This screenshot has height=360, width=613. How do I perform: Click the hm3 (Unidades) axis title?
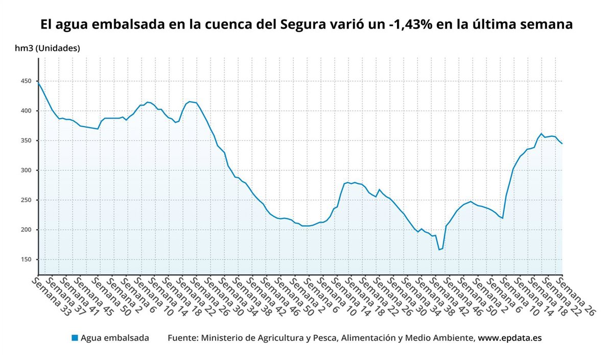pos(47,49)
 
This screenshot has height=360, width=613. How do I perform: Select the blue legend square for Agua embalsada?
pos(75,338)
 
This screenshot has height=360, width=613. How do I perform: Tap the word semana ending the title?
pos(548,25)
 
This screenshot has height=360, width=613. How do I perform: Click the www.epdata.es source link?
pos(509,338)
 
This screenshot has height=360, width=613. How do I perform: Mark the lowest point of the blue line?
pos(439,250)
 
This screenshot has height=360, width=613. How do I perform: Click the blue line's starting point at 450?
pos(38,82)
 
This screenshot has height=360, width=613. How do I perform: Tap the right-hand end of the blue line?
pos(562,144)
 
